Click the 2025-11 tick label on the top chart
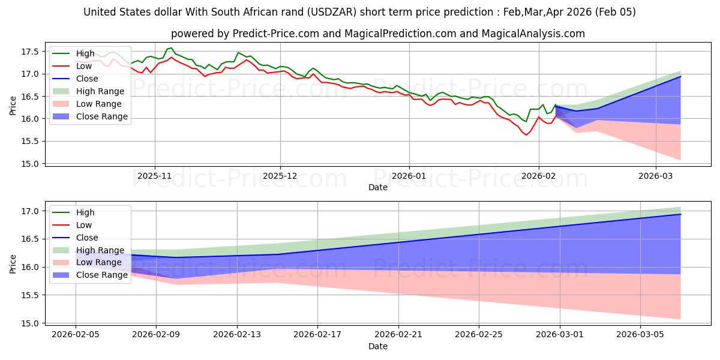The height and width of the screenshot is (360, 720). click(155, 176)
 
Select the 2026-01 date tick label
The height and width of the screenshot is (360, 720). click(409, 176)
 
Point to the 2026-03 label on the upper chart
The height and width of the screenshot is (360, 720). click(655, 176)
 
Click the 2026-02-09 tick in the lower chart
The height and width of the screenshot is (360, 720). click(156, 335)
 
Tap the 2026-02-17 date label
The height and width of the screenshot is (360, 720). click(317, 335)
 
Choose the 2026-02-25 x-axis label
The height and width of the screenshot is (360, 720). click(479, 335)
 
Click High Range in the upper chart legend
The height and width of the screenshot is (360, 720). click(100, 91)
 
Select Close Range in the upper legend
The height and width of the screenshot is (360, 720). click(101, 116)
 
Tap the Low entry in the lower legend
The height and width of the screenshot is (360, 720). click(85, 225)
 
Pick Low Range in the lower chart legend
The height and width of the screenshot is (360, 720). click(100, 263)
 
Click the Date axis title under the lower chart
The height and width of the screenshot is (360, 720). click(378, 347)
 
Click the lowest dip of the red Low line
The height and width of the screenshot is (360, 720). click(526, 135)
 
